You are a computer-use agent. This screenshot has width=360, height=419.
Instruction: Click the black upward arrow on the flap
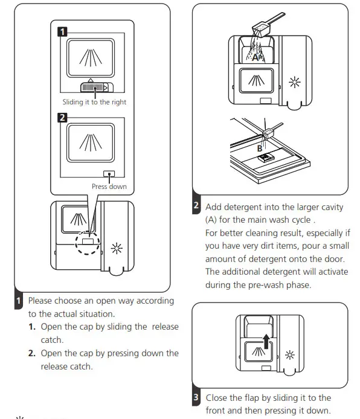(266, 341)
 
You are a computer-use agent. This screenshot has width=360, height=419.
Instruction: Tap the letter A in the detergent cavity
(256, 57)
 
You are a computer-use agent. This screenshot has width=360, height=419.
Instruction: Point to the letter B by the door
(260, 149)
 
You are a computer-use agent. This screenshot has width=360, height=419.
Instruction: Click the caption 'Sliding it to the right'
(94, 102)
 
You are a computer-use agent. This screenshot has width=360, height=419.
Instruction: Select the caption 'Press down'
(109, 187)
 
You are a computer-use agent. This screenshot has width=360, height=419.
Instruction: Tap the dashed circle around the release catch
(88, 243)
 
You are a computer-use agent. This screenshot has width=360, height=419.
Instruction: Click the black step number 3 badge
(196, 397)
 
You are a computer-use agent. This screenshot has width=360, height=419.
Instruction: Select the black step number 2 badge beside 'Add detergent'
(196, 205)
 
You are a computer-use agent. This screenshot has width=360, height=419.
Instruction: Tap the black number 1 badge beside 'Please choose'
(19, 301)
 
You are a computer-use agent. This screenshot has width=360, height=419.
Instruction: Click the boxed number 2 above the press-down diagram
(62, 118)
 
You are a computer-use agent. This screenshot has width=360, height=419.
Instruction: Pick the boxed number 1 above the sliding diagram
(62, 32)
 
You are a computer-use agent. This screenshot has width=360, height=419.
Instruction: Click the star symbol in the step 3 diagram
(289, 355)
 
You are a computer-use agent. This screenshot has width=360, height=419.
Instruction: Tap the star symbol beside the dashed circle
(117, 248)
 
